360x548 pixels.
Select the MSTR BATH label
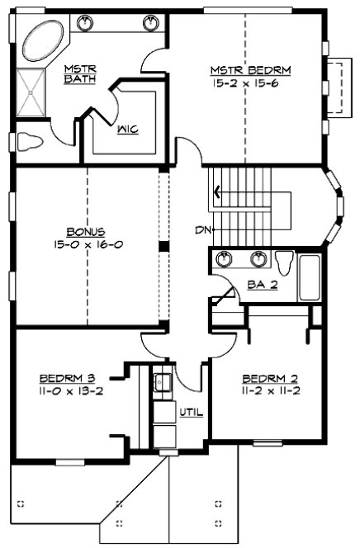coord(80,73)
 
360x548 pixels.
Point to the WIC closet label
coord(127,129)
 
